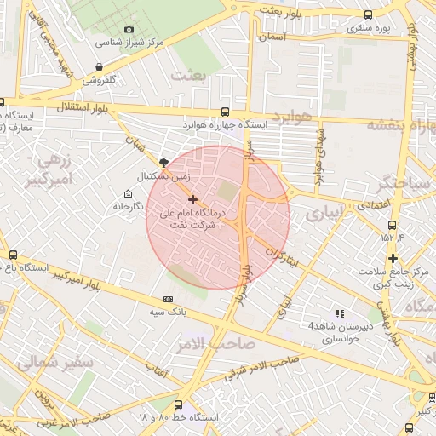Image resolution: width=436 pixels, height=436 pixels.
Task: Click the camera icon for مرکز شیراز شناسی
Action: click(129, 30)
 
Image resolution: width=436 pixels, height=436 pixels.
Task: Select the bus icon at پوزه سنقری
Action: click(368, 14)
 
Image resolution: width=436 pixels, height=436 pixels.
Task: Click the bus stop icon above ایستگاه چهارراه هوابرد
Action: click(225, 112)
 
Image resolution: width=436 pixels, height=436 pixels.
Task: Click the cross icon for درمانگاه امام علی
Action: click(191, 198)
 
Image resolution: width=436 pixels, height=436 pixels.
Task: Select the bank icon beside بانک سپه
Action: click(169, 299)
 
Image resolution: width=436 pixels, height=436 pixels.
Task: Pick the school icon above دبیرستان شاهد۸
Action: click(341, 314)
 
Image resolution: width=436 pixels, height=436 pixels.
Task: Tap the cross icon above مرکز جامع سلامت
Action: click(393, 259)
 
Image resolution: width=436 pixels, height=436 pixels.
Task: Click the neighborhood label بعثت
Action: click(189, 75)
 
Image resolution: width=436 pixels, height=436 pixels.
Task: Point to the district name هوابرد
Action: click(295, 114)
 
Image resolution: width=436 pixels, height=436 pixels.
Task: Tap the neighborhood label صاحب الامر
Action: click(205, 344)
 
